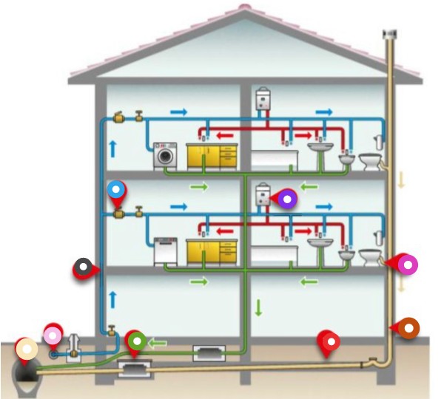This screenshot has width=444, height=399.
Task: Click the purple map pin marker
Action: tap(286, 198)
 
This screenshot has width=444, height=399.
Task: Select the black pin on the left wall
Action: tap(84, 267)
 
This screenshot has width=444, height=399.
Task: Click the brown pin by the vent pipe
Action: tap(408, 327)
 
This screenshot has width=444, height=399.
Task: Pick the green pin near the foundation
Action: tap(136, 341)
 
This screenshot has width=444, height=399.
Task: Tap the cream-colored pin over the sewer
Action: tap(26, 349)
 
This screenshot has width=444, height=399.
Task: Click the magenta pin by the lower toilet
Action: tap(406, 264)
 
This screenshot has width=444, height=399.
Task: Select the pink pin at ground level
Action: tap(53, 335)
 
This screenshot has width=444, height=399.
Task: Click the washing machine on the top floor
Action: tap(165, 157)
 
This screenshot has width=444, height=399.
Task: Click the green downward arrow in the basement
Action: tap(258, 307)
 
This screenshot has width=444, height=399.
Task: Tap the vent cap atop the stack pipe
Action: tap(389, 34)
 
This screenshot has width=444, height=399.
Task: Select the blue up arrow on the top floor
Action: tap(113, 147)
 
